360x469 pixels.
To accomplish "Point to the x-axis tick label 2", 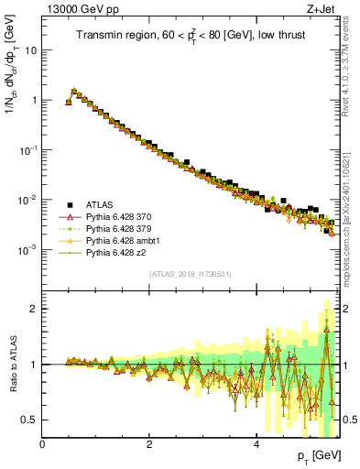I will pyautogui.click(x=149, y=445).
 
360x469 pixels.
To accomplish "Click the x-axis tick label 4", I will pyautogui.click(x=256, y=445).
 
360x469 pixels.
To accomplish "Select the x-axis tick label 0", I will pyautogui.click(x=43, y=445).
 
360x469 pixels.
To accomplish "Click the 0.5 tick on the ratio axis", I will pyautogui.click(x=30, y=420).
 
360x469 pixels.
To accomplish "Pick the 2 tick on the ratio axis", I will pyautogui.click(x=34, y=309).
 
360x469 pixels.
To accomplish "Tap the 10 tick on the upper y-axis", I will pyautogui.click(x=30, y=50).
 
